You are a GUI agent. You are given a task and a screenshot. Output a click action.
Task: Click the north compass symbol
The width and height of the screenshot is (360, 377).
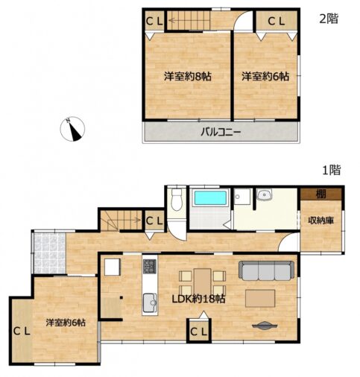pyautogui.click(x=72, y=129)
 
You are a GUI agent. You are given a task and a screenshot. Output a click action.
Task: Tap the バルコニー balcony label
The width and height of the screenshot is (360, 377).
pyautogui.click(x=221, y=132)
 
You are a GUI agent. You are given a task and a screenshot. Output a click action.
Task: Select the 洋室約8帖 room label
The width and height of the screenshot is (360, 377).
pyautogui.click(x=188, y=77)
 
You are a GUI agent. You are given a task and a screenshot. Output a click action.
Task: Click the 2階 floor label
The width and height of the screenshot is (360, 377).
pyautogui.click(x=329, y=19)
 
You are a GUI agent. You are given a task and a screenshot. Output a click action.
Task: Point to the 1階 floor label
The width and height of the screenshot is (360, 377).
pyautogui.click(x=332, y=171)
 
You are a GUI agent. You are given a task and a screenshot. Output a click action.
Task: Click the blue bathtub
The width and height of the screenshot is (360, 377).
pyautogui.click(x=210, y=197)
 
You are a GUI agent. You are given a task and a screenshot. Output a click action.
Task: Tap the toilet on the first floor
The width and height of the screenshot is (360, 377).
pyautogui.click(x=177, y=200)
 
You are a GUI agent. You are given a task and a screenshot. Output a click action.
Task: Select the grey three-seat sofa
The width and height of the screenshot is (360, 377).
pyautogui.click(x=266, y=270)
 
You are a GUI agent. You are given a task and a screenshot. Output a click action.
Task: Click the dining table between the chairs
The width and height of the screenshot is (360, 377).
pyautogui.click(x=203, y=282)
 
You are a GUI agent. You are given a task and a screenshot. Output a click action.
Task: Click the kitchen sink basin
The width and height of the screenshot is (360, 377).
pyautogui.click(x=150, y=302)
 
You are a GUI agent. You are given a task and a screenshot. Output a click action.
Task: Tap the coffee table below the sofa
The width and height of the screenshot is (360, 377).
pyautogui.click(x=260, y=298)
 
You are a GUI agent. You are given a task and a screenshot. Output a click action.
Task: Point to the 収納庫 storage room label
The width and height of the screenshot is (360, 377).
pyautogui.click(x=320, y=221)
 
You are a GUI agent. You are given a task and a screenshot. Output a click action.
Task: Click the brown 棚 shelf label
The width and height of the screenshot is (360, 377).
pyautogui.click(x=320, y=194)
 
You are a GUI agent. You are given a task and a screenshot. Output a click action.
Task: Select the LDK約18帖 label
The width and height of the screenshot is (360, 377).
pyautogui.click(x=199, y=299)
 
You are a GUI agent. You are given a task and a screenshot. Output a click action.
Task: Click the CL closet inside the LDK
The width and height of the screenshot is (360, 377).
pyautogui.click(x=199, y=331)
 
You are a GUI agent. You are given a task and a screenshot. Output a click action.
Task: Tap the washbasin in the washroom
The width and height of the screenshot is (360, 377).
pyautogui.click(x=265, y=194)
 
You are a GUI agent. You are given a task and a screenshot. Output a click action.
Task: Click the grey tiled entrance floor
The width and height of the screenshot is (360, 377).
pyautogui.click(x=50, y=253)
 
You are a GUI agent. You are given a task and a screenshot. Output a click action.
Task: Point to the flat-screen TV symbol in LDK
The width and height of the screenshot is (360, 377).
pyautogui.click(x=265, y=326)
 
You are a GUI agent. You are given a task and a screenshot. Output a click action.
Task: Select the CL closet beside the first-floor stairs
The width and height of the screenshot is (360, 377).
pyautogui.click(x=154, y=221)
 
